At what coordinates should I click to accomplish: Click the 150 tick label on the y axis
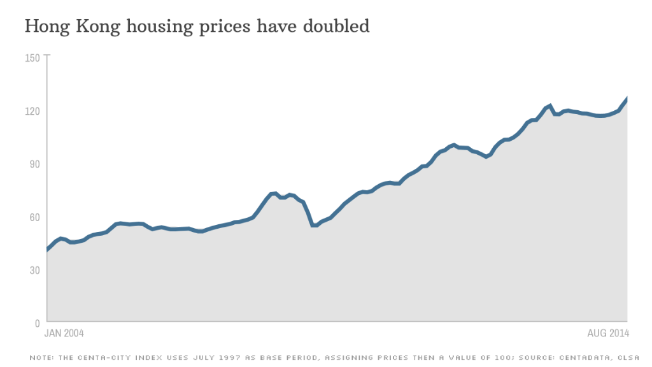(x=32, y=58)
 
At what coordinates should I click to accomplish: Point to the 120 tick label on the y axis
(x=32, y=111)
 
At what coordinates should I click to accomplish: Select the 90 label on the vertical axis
(x=35, y=164)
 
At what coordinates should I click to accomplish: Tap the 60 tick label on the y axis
(x=35, y=217)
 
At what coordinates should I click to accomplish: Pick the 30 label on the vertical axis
(x=35, y=270)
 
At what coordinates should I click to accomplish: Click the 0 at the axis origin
(x=38, y=323)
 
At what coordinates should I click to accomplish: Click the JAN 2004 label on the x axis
(x=64, y=333)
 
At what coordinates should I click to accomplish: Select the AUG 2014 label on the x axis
(x=608, y=333)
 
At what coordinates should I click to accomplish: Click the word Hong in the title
(x=48, y=27)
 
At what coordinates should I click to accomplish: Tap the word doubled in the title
(x=336, y=25)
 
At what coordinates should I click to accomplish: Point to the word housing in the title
(x=160, y=27)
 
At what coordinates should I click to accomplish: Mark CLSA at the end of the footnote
(x=628, y=357)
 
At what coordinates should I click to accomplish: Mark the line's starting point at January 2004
(x=47, y=250)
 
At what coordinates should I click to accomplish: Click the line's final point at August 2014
(x=627, y=98)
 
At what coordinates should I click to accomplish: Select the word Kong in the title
(x=98, y=27)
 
